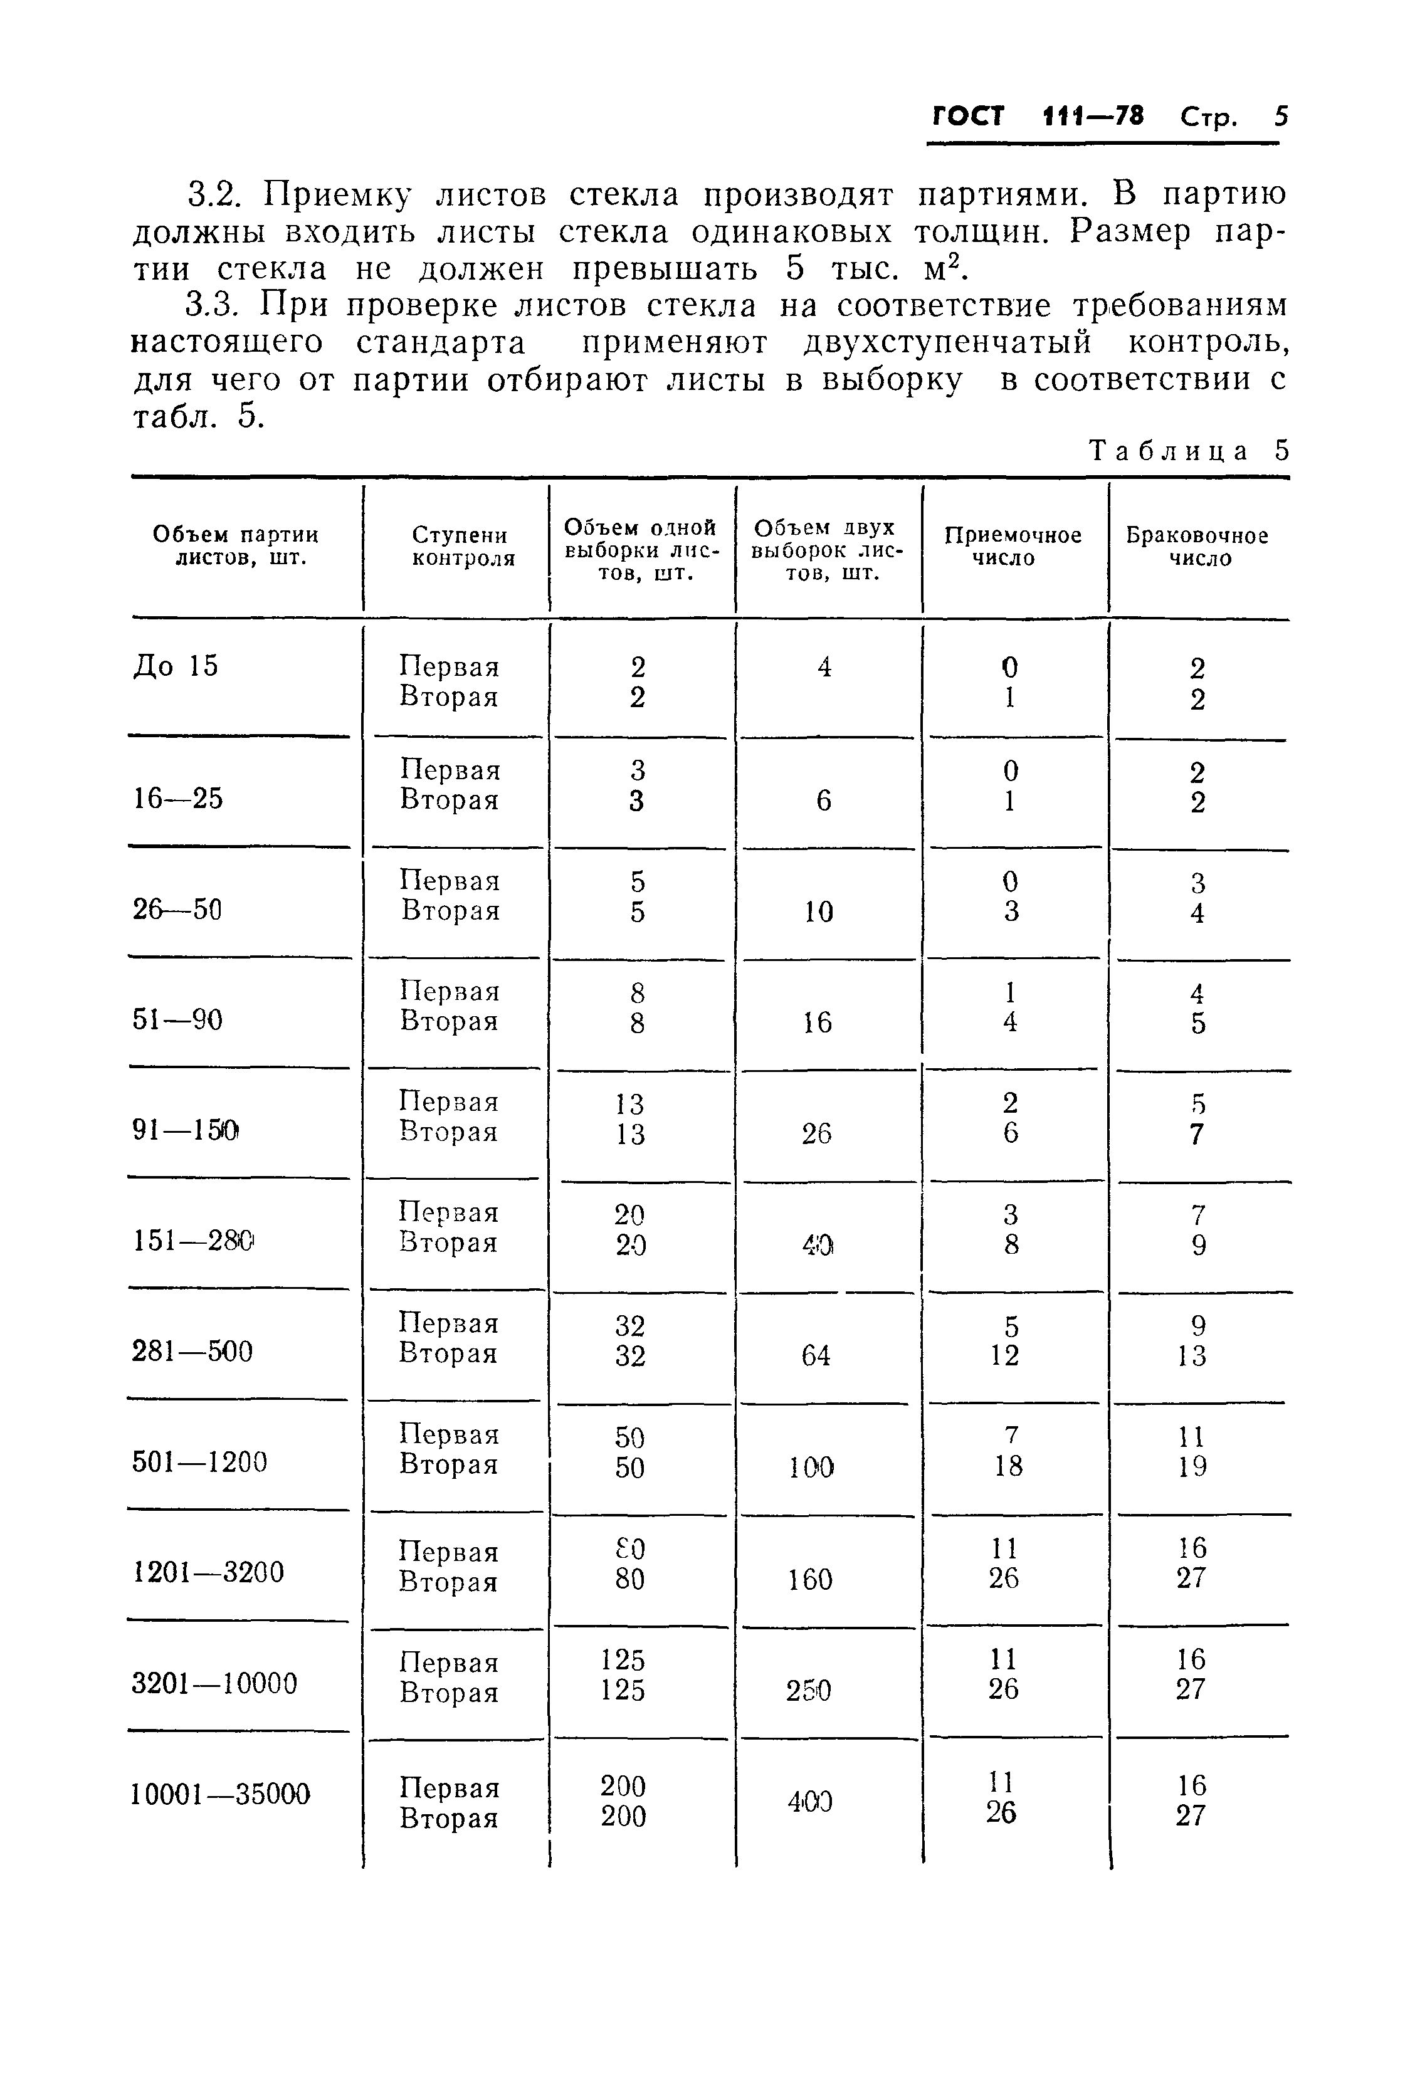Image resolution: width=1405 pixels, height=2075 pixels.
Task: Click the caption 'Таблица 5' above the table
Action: point(1189,451)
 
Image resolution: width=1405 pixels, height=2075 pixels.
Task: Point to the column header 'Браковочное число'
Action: point(1197,547)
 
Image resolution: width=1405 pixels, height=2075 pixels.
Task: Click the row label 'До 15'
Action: point(175,666)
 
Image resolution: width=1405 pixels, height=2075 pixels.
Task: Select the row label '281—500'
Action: point(192,1351)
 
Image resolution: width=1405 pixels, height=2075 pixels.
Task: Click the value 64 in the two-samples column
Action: point(816,1355)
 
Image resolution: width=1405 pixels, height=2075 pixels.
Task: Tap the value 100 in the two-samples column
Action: point(811,1467)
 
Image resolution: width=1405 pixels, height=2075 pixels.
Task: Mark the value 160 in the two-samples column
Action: point(810,1580)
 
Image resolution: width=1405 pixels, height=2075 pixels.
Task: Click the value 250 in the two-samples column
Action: point(808,1690)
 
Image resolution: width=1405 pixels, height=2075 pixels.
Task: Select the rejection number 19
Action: point(1192,1466)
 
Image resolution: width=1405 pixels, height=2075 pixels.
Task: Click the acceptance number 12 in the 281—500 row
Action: point(1005,1355)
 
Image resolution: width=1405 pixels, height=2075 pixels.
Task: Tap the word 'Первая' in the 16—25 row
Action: point(450,770)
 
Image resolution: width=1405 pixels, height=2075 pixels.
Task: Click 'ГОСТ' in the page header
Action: point(968,116)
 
